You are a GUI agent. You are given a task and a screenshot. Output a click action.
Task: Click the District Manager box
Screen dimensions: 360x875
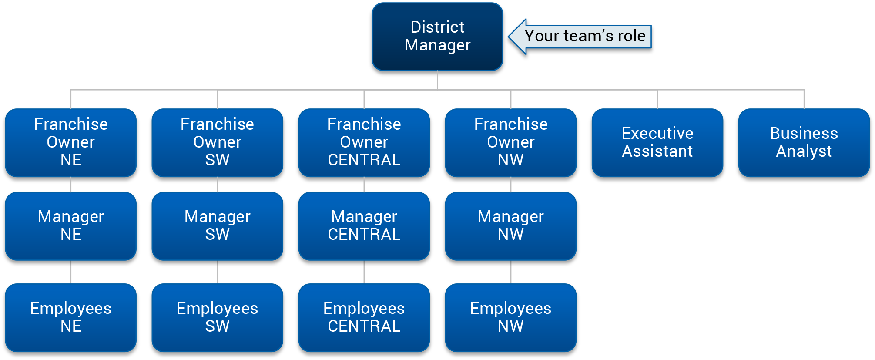tap(437, 37)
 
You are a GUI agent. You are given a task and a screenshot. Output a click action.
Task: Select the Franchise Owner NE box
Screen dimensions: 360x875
tap(70, 142)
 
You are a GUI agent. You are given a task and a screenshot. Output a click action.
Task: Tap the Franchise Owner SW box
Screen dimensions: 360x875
tap(217, 142)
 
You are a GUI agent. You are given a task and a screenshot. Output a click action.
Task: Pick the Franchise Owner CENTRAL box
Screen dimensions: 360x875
tap(364, 142)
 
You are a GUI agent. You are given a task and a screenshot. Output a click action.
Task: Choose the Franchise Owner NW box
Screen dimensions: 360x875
tap(510, 142)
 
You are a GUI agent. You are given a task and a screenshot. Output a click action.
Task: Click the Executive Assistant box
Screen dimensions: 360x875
tap(657, 142)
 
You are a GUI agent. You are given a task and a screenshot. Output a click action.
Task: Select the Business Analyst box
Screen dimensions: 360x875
tap(804, 142)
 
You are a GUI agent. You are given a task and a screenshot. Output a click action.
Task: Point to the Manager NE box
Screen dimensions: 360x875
tap(70, 225)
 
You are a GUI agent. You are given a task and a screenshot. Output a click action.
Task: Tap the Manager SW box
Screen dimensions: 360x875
tap(217, 225)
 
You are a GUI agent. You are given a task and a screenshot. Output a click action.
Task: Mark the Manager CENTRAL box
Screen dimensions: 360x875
tap(364, 225)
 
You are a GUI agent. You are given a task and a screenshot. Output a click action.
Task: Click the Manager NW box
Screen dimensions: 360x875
tap(510, 225)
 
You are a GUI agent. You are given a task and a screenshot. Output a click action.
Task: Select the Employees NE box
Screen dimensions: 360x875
tap(70, 317)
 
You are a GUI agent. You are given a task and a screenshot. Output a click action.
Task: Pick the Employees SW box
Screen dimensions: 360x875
tap(217, 317)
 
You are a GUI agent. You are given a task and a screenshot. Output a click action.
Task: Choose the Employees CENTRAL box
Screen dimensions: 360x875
tap(364, 317)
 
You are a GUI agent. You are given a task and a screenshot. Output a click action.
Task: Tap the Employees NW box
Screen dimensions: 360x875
tap(510, 317)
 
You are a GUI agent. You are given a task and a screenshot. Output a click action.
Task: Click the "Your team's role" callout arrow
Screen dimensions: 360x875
tap(580, 36)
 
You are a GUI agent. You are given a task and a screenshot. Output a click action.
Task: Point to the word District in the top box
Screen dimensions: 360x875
tap(437, 27)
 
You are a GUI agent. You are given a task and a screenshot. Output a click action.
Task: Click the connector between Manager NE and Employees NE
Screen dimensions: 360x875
tap(71, 272)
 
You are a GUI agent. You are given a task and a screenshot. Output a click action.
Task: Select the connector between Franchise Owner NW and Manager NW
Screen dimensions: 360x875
tap(511, 185)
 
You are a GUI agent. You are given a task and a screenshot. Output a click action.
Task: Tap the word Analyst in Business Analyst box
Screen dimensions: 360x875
tap(804, 151)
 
